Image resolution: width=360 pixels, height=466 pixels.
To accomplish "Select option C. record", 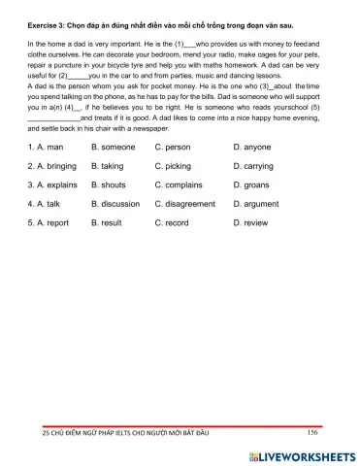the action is (172, 222).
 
